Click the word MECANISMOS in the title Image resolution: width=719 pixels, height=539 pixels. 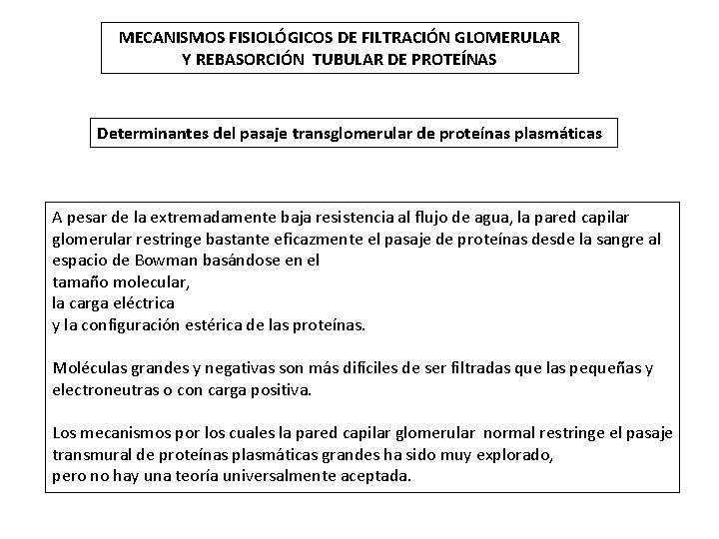[163, 38]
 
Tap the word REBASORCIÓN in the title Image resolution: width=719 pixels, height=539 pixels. [244, 58]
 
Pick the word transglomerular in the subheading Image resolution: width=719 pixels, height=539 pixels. [347, 131]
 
